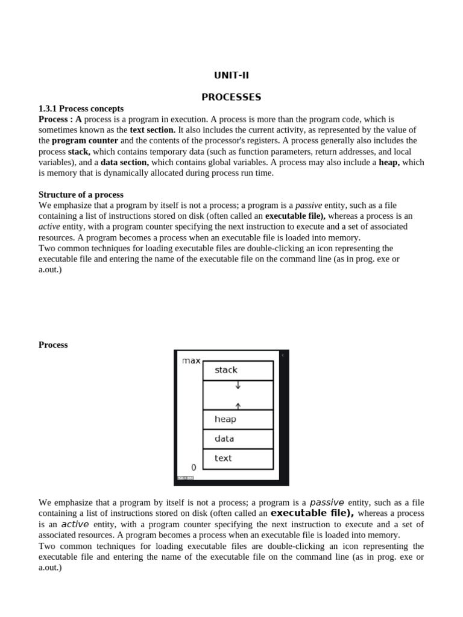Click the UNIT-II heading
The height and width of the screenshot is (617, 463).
tap(231, 75)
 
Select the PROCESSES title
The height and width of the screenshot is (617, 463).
tap(231, 97)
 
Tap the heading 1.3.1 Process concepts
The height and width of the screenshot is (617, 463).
tap(81, 108)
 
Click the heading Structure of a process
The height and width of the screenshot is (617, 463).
tap(81, 195)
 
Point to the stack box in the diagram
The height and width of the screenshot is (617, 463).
tap(238, 370)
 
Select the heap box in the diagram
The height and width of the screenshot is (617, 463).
tap(238, 419)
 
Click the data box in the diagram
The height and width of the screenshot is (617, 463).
tap(238, 439)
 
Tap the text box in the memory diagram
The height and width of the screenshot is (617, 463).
tap(238, 459)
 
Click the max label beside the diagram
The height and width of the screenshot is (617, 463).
tap(191, 361)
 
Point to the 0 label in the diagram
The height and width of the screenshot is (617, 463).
tap(194, 468)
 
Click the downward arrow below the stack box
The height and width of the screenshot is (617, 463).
tap(238, 385)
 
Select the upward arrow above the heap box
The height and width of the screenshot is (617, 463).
tap(238, 406)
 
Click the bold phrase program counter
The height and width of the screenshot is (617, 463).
tap(85, 140)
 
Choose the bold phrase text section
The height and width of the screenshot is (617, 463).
tap(153, 130)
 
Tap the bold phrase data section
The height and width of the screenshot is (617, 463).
tap(124, 162)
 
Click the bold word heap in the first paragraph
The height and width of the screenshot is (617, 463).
tap(389, 162)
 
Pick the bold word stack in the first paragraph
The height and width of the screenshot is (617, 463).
tap(79, 151)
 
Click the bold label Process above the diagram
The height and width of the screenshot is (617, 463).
tap(53, 345)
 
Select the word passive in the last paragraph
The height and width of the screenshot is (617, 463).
tap(327, 503)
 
